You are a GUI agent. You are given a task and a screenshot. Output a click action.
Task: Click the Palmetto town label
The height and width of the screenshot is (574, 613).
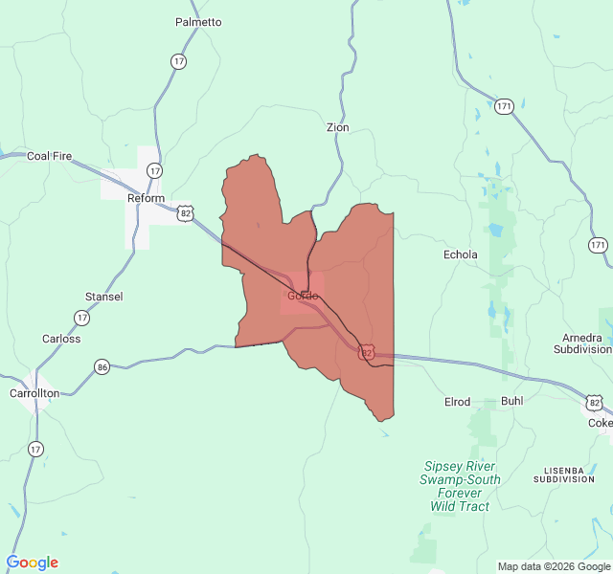(x=198, y=22)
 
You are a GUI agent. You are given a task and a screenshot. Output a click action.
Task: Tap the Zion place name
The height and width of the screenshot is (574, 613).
(x=337, y=127)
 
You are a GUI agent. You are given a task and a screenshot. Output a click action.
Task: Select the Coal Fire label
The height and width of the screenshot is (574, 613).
(x=49, y=156)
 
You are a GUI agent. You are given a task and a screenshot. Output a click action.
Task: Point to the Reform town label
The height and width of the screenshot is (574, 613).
(x=147, y=198)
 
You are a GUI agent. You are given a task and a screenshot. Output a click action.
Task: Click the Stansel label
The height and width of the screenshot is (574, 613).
(x=103, y=297)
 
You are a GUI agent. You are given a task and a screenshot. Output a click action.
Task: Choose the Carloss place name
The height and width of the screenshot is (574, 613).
(x=61, y=339)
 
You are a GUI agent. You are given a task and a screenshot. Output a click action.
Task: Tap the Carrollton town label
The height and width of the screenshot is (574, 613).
(x=34, y=393)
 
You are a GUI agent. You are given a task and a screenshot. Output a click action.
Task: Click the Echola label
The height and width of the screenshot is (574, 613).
(x=460, y=255)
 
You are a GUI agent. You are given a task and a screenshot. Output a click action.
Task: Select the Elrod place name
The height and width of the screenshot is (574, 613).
(x=457, y=402)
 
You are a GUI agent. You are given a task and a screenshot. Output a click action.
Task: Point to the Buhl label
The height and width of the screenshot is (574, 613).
(x=512, y=402)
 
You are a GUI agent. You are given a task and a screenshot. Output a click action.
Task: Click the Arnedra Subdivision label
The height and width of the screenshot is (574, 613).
(x=582, y=343)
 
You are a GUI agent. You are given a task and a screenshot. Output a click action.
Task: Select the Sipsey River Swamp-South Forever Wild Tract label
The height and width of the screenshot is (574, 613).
(x=461, y=486)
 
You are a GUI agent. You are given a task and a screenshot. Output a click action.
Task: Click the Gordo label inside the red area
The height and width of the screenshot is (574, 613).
(x=303, y=296)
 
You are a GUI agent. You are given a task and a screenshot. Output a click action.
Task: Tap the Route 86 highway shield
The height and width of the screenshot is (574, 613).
(x=102, y=366)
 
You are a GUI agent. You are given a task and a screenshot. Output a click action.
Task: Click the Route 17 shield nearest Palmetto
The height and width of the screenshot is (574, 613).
(x=179, y=61)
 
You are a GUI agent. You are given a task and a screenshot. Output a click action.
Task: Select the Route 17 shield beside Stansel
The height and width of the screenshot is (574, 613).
(x=82, y=317)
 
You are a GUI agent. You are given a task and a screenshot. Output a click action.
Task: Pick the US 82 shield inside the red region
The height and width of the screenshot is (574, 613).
(x=367, y=353)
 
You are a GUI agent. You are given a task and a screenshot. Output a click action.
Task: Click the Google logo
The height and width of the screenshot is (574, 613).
(x=32, y=563)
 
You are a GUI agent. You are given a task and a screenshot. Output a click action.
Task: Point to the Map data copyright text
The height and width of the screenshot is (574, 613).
(x=553, y=566)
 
